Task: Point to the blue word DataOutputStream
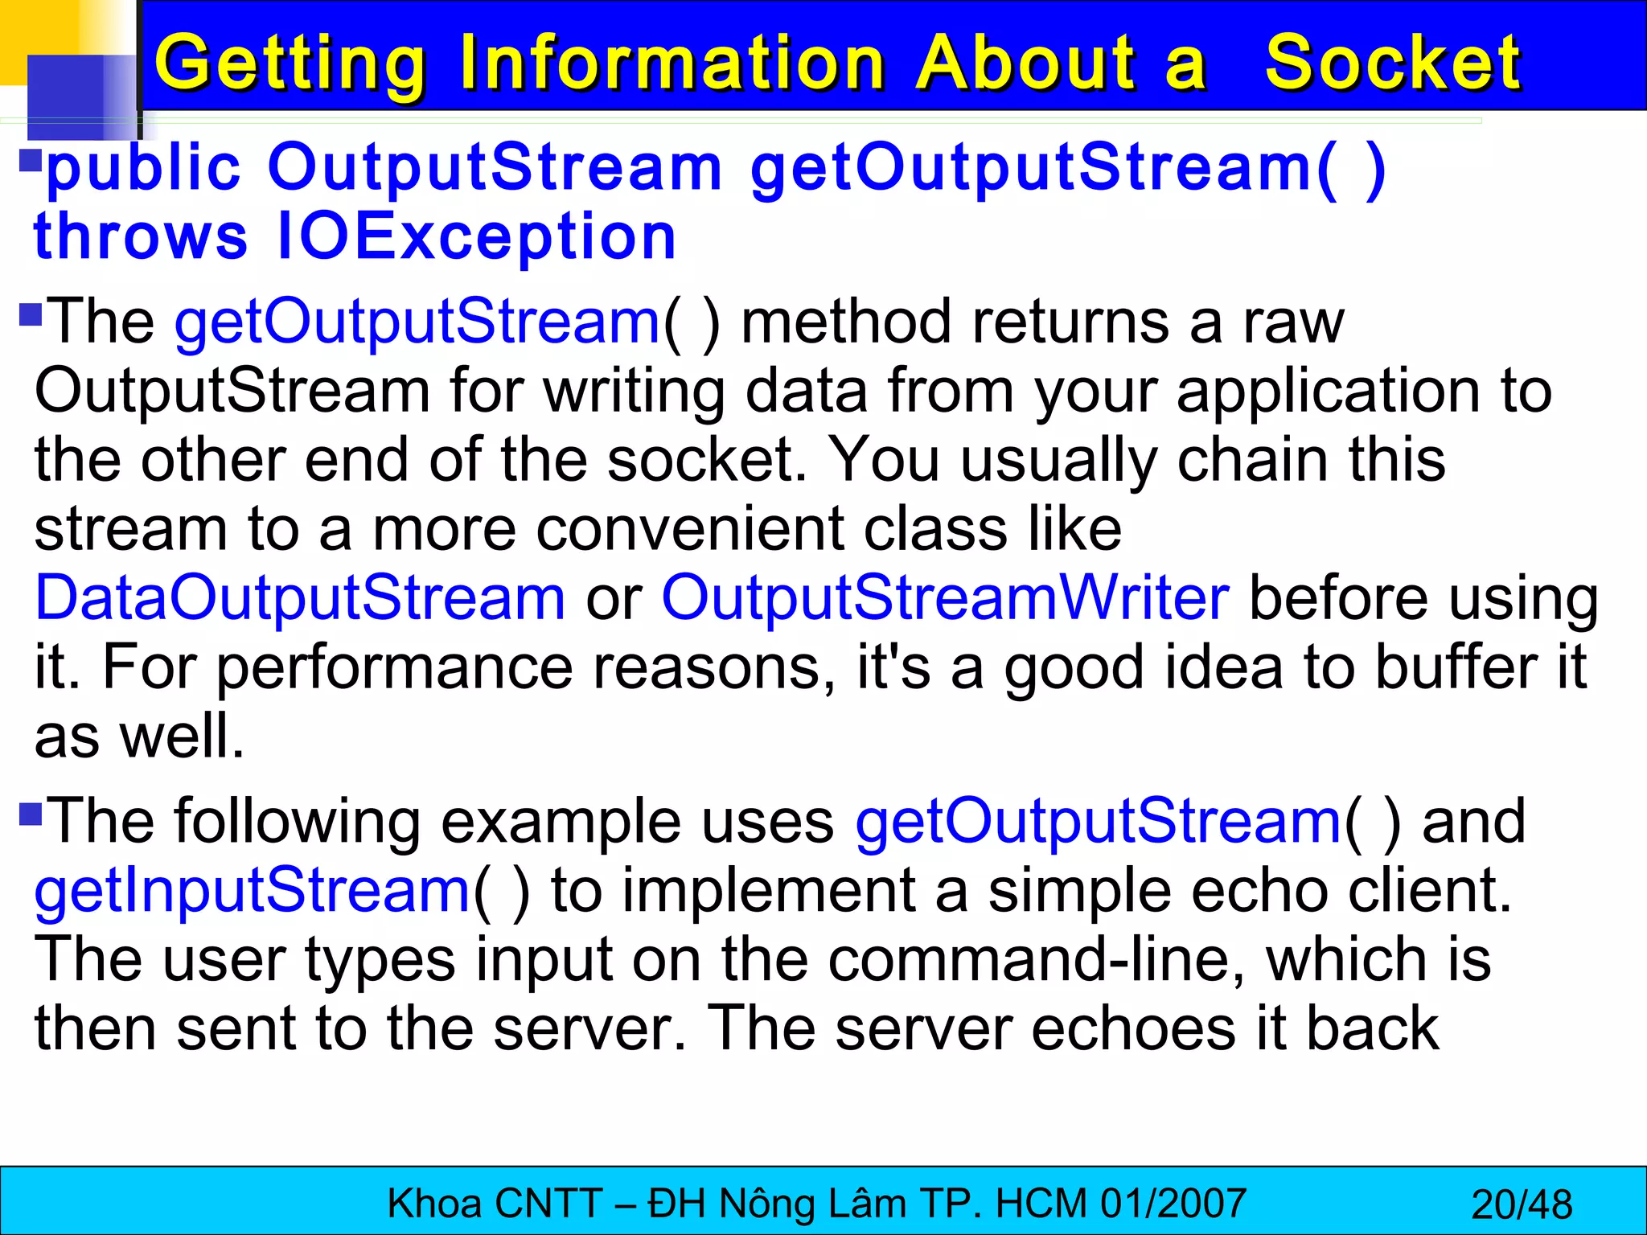(x=300, y=598)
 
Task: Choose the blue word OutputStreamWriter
(x=945, y=598)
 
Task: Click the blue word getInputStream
(x=252, y=891)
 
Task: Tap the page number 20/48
(x=1521, y=1204)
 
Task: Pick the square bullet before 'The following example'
(x=31, y=814)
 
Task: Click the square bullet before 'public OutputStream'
(x=31, y=160)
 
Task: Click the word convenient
(x=690, y=530)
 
